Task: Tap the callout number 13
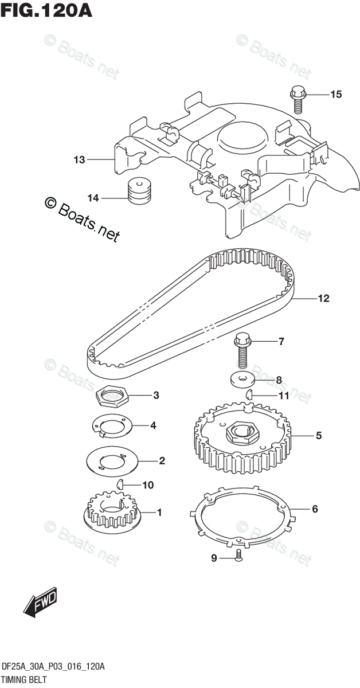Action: coord(79,159)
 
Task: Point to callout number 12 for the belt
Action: coord(323,298)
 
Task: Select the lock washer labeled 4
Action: coord(112,425)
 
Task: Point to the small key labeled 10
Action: coord(120,484)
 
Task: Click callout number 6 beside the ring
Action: coord(315,509)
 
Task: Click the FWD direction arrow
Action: coord(41,602)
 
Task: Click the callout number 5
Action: coord(318,436)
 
